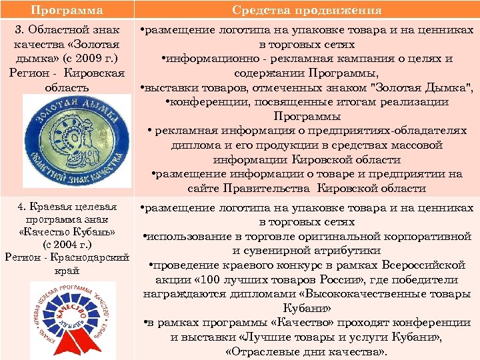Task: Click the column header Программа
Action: point(67,10)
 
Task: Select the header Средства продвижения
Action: point(307,10)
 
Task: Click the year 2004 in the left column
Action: point(69,245)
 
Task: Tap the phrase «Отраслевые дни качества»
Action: point(306,352)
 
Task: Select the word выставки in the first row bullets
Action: point(176,88)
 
